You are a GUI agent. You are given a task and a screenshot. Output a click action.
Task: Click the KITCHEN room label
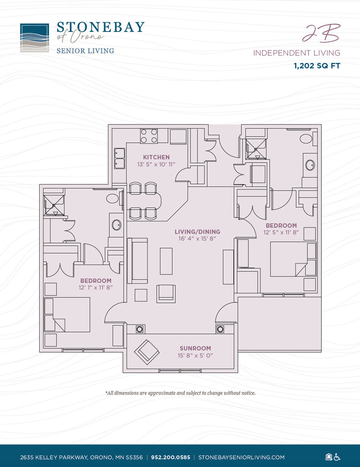(x=156, y=157)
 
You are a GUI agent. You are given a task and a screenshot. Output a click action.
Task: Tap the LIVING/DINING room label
(x=197, y=232)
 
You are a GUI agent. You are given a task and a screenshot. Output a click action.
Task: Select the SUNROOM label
(x=195, y=348)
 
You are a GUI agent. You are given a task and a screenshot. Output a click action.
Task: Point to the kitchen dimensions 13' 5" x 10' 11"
(x=156, y=164)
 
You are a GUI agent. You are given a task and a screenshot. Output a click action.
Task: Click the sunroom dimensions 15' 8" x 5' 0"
(x=195, y=355)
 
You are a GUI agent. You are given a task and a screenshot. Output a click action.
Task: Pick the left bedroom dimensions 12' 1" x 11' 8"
(x=96, y=287)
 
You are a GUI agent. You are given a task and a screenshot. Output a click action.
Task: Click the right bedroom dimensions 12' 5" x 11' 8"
(x=281, y=233)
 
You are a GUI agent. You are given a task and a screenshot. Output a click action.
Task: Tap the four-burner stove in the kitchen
(x=149, y=136)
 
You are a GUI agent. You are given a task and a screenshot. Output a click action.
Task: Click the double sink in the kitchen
(x=119, y=158)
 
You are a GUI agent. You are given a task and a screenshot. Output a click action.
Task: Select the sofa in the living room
(x=139, y=260)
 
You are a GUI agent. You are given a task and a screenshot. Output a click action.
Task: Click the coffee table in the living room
(x=166, y=261)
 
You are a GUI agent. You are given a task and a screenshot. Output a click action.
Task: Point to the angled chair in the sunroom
(x=146, y=352)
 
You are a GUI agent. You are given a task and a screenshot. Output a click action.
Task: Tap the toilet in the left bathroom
(x=112, y=198)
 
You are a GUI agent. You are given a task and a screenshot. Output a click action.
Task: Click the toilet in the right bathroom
(x=306, y=138)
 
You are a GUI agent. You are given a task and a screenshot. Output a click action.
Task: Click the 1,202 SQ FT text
(x=317, y=66)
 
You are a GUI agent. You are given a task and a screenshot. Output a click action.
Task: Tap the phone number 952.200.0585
(x=171, y=457)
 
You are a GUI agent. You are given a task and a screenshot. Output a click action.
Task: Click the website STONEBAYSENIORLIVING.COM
(x=242, y=457)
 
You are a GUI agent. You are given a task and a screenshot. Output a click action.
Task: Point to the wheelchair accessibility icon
(x=338, y=457)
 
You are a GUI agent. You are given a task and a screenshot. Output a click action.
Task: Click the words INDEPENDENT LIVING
(x=297, y=53)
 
